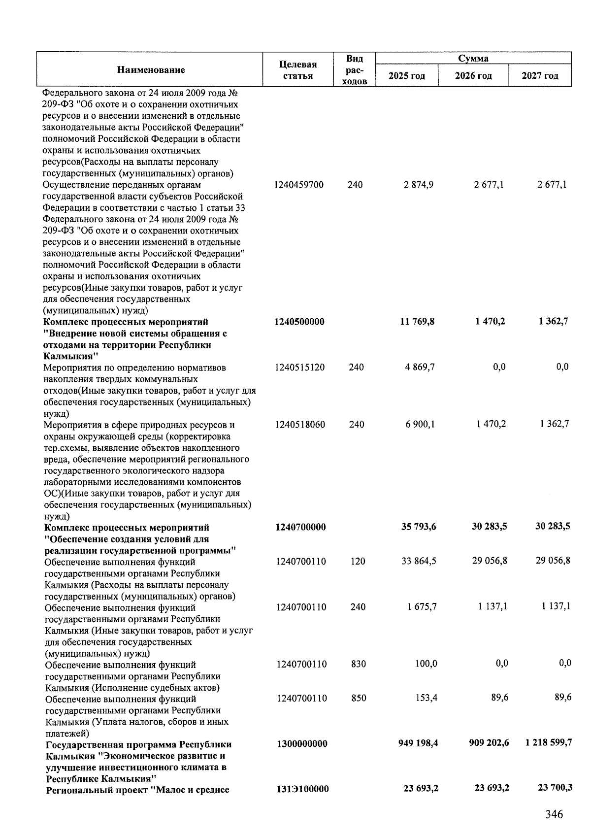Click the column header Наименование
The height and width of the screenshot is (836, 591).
click(x=151, y=70)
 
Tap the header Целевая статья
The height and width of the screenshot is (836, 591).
click(x=297, y=70)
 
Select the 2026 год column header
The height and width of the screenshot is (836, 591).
click(x=473, y=76)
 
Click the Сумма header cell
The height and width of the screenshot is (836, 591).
click(x=473, y=59)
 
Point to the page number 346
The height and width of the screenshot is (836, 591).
click(x=554, y=814)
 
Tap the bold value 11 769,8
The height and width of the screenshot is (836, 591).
click(x=419, y=322)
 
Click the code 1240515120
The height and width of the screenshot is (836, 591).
click(x=299, y=368)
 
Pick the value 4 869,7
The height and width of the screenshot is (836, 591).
click(x=419, y=368)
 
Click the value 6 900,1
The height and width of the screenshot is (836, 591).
click(x=420, y=424)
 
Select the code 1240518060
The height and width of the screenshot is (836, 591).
click(x=300, y=425)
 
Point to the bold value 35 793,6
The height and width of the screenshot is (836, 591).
click(x=419, y=527)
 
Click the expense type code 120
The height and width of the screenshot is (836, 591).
click(x=358, y=562)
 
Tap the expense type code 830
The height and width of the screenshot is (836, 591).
click(x=359, y=664)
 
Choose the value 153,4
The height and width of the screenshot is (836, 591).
click(x=426, y=698)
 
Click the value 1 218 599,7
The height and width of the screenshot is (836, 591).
click(x=548, y=742)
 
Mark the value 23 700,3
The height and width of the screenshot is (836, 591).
click(x=555, y=788)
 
